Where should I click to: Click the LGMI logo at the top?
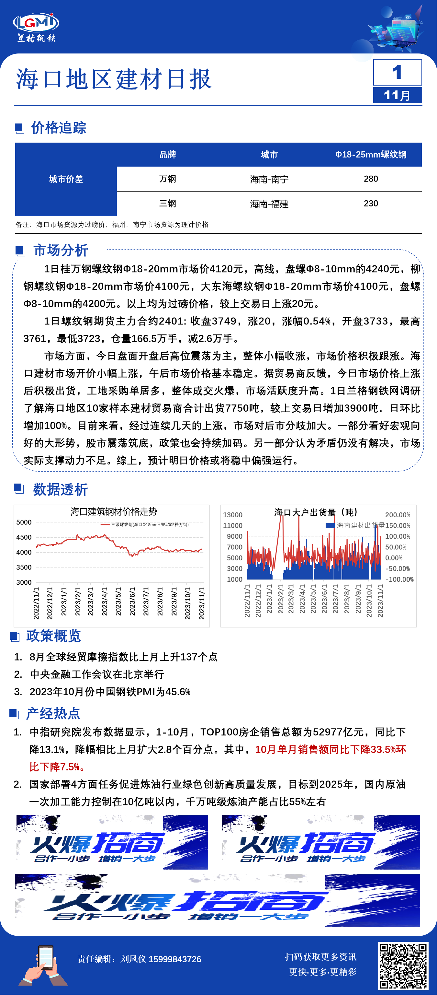pyautogui.click(x=36, y=27)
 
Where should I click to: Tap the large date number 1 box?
pyautogui.click(x=397, y=72)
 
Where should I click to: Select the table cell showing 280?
pyautogui.click(x=371, y=179)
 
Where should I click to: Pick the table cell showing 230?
pyautogui.click(x=371, y=204)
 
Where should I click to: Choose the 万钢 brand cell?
pyautogui.click(x=167, y=179)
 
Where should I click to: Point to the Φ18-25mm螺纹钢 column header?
pyautogui.click(x=371, y=155)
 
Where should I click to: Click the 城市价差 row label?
pyautogui.click(x=66, y=179)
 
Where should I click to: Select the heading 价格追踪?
pyautogui.click(x=59, y=128)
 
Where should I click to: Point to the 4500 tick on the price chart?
pyautogui.click(x=24, y=537)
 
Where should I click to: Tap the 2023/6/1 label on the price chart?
pyautogui.click(x=132, y=603)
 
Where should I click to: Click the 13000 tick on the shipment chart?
pyautogui.click(x=232, y=515)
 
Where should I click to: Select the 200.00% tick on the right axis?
pyautogui.click(x=397, y=515)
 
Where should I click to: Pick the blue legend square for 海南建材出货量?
pyautogui.click(x=330, y=525)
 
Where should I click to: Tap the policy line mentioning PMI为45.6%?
pyautogui.click(x=110, y=691)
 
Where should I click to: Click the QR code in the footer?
pyautogui.click(x=403, y=966)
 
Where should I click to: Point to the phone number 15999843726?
pyautogui.click(x=175, y=959)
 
